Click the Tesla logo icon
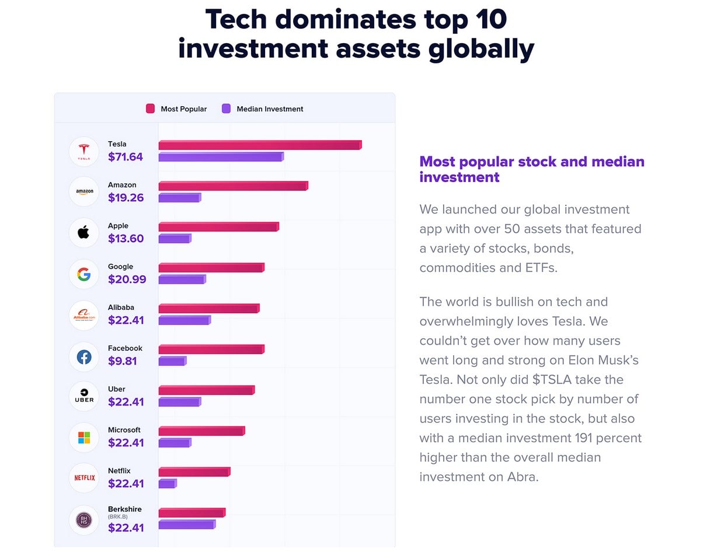coord(83,151)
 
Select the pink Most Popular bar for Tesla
coord(260,145)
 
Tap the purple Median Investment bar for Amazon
coord(179,198)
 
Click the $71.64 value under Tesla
coord(126,157)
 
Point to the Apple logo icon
coord(83,233)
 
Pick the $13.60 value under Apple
coord(126,239)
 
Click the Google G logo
coord(83,274)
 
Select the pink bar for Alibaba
coord(208,308)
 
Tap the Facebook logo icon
coord(83,356)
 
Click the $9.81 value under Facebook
coord(123,361)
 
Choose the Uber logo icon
coord(83,396)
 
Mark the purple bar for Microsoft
coord(175,443)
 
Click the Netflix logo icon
coord(83,478)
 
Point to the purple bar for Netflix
coord(167,484)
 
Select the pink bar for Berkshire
coord(191,512)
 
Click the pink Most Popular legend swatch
coord(151,109)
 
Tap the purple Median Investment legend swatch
coord(227,109)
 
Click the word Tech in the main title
coord(236,20)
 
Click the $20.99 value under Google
coord(127,279)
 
